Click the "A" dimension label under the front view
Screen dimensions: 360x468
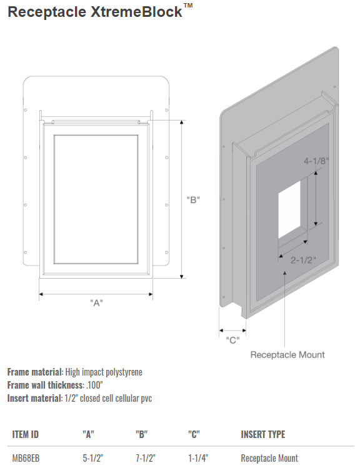click(x=96, y=303)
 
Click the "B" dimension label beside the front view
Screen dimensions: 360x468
click(x=193, y=200)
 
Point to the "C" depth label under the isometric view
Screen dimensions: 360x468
click(x=232, y=340)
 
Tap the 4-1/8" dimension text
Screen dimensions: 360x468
click(x=316, y=161)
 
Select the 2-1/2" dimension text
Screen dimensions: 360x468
click(x=303, y=260)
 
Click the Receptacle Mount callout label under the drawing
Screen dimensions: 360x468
click(x=287, y=354)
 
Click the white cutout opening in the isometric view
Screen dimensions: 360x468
click(x=289, y=209)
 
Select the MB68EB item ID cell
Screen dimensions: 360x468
click(x=26, y=458)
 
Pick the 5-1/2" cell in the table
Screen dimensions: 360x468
click(x=93, y=458)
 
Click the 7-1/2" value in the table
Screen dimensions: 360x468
click(x=146, y=458)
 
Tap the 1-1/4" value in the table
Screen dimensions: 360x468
click(x=198, y=458)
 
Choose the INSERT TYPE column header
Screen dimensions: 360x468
click(x=263, y=434)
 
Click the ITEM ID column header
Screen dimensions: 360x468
click(x=26, y=434)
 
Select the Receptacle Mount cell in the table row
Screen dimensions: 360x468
click(x=269, y=458)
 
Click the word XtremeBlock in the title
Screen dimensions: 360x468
click(x=136, y=12)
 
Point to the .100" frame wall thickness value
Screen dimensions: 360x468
click(x=94, y=385)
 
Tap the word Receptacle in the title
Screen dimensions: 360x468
click(x=47, y=12)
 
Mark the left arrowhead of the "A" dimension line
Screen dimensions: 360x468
click(x=41, y=294)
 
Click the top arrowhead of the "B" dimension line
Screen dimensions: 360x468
click(x=182, y=122)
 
